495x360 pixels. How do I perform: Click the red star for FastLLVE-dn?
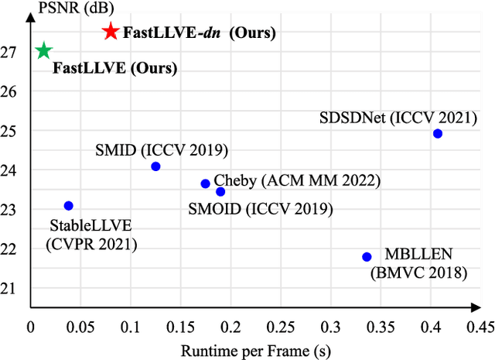click(111, 32)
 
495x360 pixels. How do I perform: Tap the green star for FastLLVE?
click(43, 51)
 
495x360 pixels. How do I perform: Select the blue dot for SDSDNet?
click(438, 133)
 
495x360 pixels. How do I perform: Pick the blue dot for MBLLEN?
click(367, 256)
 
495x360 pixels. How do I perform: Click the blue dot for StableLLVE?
click(69, 205)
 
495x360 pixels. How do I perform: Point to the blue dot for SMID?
click(155, 166)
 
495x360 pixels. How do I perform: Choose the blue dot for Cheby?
click(205, 183)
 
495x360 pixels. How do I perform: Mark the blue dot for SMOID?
click(220, 191)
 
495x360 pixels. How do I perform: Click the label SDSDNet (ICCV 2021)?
click(398, 118)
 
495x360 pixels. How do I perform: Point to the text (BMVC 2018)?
click(418, 273)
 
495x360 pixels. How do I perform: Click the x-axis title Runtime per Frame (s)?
click(255, 350)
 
